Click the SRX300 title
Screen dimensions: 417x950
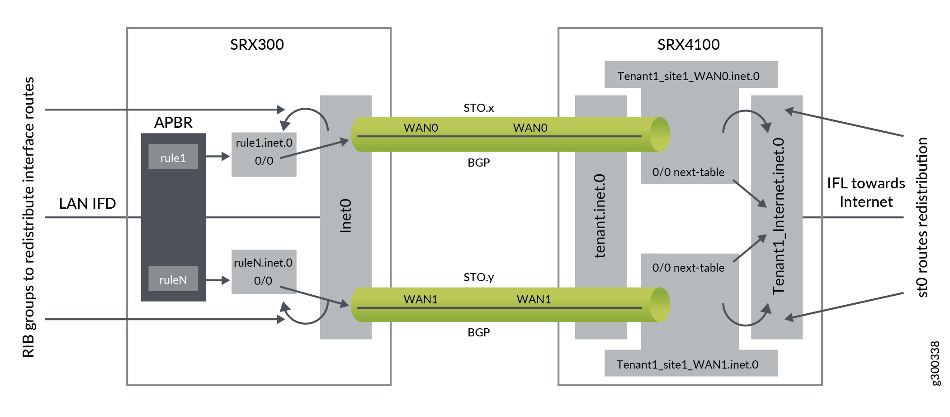(x=257, y=44)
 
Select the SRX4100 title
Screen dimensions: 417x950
(x=688, y=44)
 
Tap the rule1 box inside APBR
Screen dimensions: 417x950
(x=173, y=157)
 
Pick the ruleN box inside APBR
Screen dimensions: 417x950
(x=173, y=279)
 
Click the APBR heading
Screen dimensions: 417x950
(x=173, y=122)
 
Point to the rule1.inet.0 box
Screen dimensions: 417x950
(x=264, y=154)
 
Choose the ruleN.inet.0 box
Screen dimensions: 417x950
(x=264, y=272)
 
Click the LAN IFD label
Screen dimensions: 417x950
(x=87, y=203)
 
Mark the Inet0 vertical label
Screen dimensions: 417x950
(x=345, y=216)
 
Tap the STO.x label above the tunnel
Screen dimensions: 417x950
(x=478, y=108)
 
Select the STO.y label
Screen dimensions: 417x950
(x=478, y=277)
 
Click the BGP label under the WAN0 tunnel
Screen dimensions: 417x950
(x=478, y=163)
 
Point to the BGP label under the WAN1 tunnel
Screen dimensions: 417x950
(x=478, y=332)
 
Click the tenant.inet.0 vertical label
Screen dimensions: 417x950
(x=600, y=216)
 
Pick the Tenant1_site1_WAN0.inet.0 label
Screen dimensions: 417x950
(x=688, y=76)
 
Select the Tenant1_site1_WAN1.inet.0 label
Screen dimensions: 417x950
(x=687, y=364)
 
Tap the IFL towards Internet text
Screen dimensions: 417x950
(x=865, y=192)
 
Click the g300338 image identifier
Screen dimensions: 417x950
(x=936, y=363)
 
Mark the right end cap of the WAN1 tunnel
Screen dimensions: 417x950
(x=660, y=305)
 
